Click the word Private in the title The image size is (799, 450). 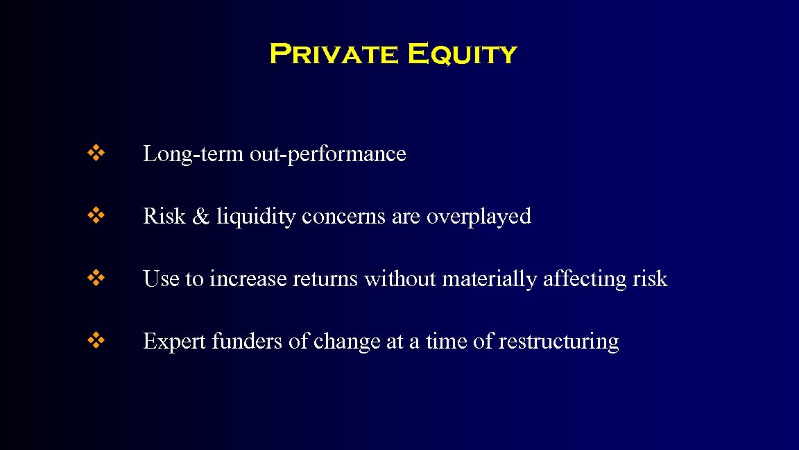coord(333,53)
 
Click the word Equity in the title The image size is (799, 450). coord(462,53)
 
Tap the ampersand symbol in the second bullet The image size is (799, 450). coord(200,217)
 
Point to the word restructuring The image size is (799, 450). coord(558,342)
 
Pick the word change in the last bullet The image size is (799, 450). coord(346,342)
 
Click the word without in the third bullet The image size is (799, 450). coord(400,279)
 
